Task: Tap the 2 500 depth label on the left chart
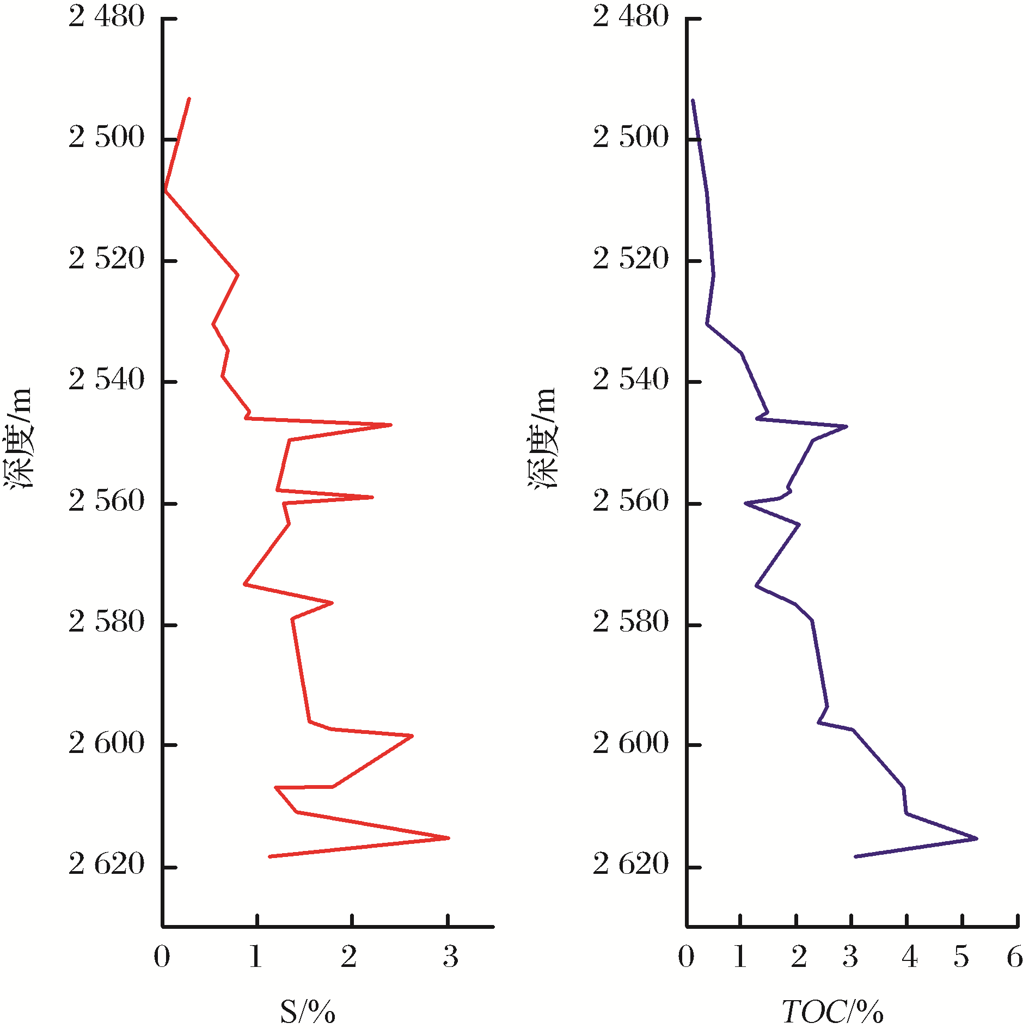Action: pyautogui.click(x=107, y=137)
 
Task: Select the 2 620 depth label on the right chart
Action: pyautogui.click(x=630, y=864)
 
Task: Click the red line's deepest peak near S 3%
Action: pyautogui.click(x=449, y=838)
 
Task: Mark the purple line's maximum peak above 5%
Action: pyautogui.click(x=977, y=838)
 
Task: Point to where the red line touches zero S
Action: pyautogui.click(x=164, y=191)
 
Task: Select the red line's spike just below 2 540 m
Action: pyautogui.click(x=391, y=425)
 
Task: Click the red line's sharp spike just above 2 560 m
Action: pyautogui.click(x=372, y=497)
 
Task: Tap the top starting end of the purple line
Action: pyautogui.click(x=693, y=100)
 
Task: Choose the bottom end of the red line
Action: pyautogui.click(x=269, y=856)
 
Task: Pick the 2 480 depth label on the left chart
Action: pyautogui.click(x=107, y=17)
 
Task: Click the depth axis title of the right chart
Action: pyautogui.click(x=542, y=438)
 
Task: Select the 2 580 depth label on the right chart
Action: pyautogui.click(x=630, y=622)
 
